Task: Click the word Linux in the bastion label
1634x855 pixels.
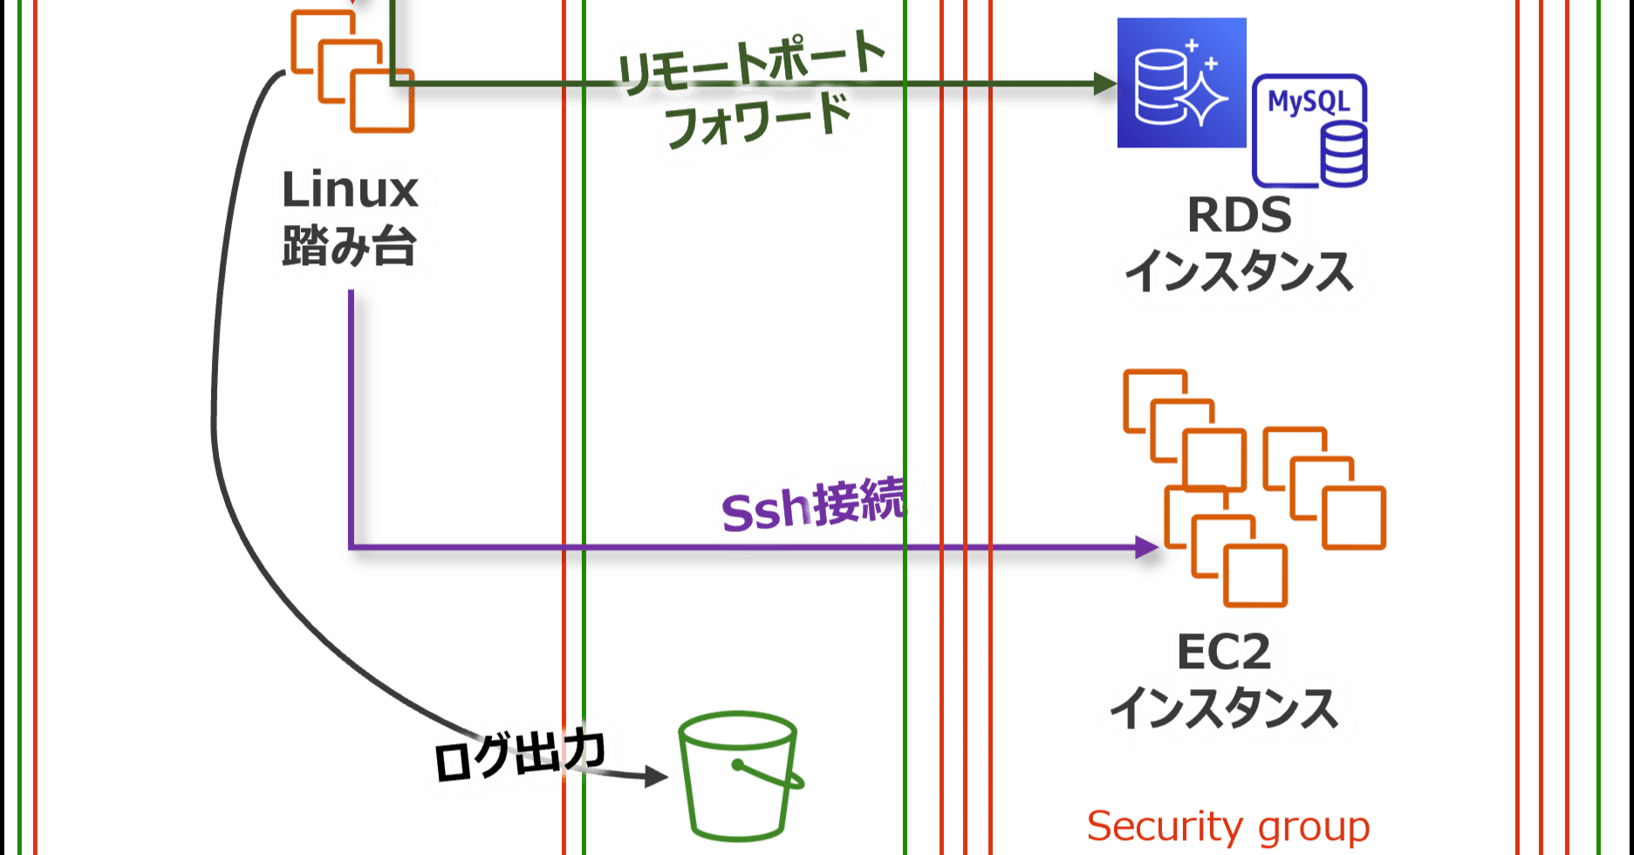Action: click(x=350, y=189)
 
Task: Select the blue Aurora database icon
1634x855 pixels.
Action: click(x=1181, y=84)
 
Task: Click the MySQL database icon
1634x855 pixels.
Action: click(x=1309, y=131)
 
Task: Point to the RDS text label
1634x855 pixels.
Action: click(x=1239, y=215)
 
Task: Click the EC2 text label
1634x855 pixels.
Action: click(x=1223, y=652)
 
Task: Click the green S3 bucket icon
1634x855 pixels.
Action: click(x=738, y=776)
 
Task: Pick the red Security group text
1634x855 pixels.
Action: click(x=1227, y=826)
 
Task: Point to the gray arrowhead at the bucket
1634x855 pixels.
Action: click(x=656, y=776)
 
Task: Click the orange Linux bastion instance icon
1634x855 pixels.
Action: click(x=352, y=70)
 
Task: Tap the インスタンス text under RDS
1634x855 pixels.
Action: click(x=1239, y=271)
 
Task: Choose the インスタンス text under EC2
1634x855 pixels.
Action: click(x=1224, y=708)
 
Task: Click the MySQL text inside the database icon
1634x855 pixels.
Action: click(x=1308, y=102)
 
